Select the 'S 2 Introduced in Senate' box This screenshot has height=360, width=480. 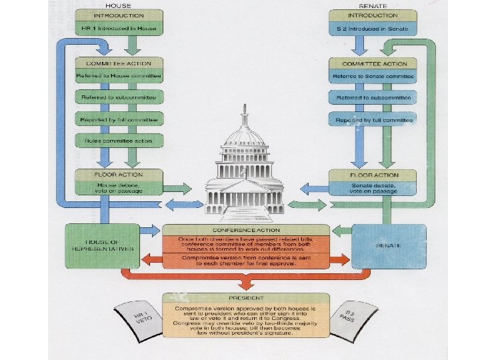372,29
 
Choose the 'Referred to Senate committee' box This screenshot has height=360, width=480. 372,77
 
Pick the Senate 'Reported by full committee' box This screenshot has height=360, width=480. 372,120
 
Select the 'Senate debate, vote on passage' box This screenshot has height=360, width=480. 372,187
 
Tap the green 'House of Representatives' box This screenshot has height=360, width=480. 101,245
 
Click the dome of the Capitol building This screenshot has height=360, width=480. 245,137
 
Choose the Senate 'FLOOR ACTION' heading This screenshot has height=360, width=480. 372,175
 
